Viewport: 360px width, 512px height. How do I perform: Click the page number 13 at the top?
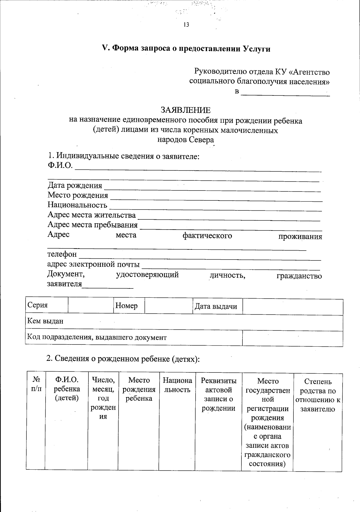[x=186, y=25]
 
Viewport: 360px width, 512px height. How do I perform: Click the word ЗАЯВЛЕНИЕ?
[x=186, y=110]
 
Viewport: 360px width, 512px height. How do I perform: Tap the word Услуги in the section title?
[x=256, y=49]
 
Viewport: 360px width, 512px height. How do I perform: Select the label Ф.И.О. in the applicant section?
[x=60, y=165]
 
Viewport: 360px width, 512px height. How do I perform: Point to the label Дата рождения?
[x=75, y=185]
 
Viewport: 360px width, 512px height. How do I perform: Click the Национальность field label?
[x=77, y=205]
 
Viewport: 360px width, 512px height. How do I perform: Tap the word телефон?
[x=62, y=254]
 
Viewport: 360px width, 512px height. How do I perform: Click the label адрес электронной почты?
[x=93, y=264]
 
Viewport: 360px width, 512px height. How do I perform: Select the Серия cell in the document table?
[x=38, y=305]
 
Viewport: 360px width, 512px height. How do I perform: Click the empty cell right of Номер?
[x=168, y=306]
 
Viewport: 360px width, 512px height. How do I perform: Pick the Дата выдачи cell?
[x=216, y=306]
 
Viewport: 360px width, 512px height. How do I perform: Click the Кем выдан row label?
[x=45, y=321]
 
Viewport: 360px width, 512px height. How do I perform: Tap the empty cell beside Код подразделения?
[x=292, y=338]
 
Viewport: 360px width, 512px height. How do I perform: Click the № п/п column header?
[x=36, y=385]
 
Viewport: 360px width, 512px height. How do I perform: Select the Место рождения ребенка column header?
[x=139, y=389]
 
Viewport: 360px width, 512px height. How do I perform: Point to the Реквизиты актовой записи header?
[x=218, y=394]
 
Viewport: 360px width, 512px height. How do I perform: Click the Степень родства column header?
[x=317, y=395]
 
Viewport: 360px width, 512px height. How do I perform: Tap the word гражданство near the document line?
[x=299, y=276]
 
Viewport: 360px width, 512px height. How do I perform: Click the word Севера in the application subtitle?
[x=202, y=140]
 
